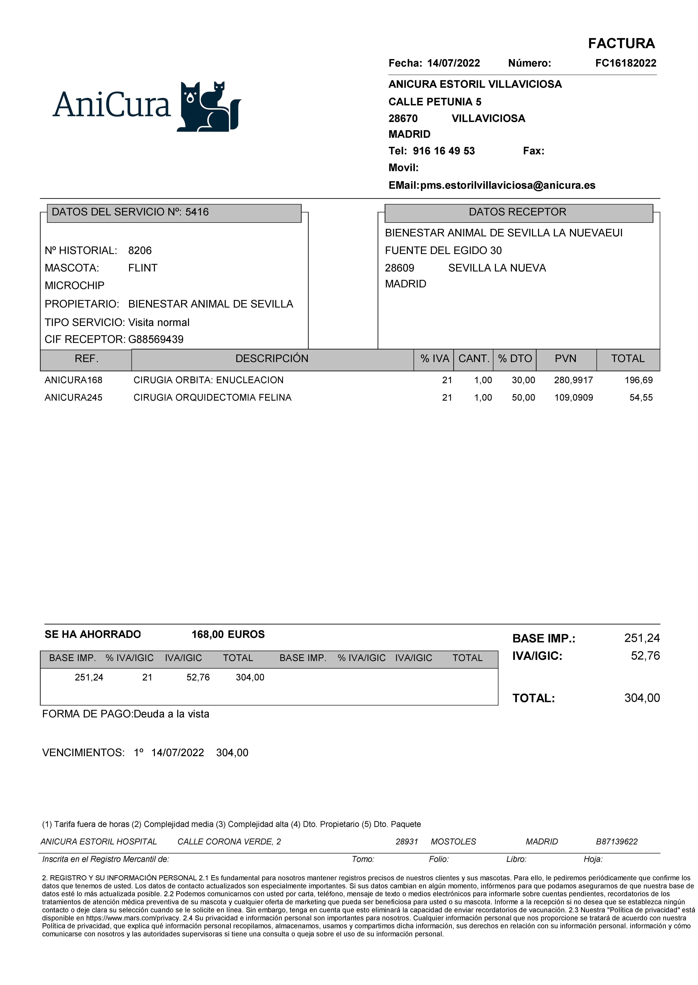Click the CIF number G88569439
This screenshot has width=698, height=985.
(156, 339)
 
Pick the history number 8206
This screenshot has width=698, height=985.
(140, 250)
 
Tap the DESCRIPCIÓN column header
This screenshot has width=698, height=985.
(272, 359)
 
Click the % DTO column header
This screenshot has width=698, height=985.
(515, 359)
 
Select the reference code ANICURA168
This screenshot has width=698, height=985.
(74, 380)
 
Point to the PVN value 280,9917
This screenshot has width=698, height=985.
(573, 380)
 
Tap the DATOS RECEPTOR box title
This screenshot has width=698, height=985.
(517, 212)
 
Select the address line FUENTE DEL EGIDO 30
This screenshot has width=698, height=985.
(443, 250)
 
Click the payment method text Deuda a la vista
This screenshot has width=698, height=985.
(172, 714)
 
